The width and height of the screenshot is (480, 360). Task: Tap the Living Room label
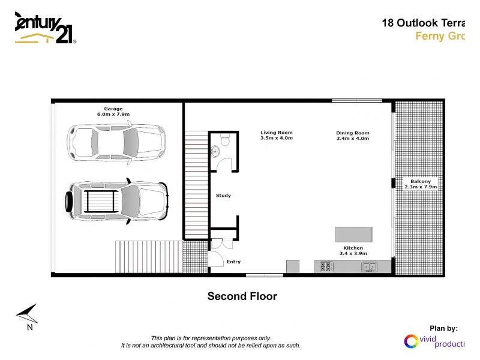(276, 133)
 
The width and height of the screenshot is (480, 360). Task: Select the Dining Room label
(353, 133)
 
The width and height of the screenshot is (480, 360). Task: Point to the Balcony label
(420, 181)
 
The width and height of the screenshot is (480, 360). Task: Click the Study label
(223, 196)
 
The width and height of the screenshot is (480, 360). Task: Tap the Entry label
(233, 262)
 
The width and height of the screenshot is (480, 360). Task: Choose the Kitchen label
(353, 248)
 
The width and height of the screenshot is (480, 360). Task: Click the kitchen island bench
(353, 233)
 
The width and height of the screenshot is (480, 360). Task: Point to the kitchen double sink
(368, 267)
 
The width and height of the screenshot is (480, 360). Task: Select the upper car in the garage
(115, 142)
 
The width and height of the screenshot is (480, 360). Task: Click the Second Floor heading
(242, 296)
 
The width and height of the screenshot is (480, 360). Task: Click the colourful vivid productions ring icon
(412, 341)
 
